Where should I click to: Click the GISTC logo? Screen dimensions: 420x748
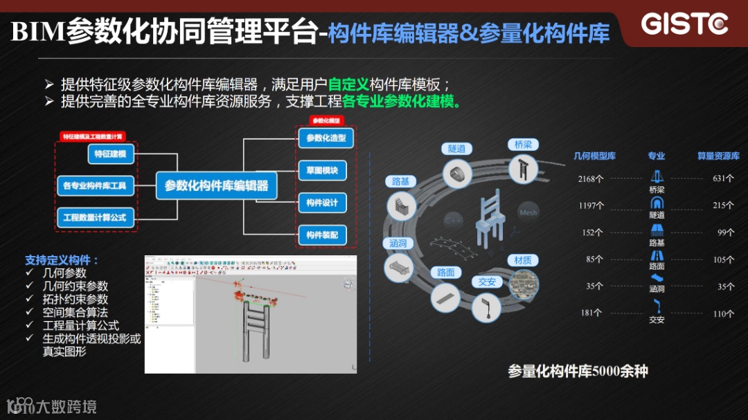tap(684, 24)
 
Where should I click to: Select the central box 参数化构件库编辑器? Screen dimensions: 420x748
tap(216, 185)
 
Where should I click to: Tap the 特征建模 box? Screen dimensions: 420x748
tap(111, 154)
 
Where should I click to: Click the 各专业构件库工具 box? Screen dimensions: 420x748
tap(95, 185)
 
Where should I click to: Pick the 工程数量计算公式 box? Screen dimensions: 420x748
tap(95, 217)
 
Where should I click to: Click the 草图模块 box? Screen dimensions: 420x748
tap(322, 170)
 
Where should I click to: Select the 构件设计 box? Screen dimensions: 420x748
tap(322, 203)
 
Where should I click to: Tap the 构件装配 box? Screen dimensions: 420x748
tap(322, 235)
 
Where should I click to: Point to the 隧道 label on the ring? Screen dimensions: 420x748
tap(456, 149)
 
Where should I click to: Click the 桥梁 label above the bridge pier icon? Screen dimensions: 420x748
tap(524, 145)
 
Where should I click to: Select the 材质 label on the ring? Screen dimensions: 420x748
tap(523, 260)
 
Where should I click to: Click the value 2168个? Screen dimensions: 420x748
tap(591, 179)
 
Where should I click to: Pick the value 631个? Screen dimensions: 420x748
tap(723, 179)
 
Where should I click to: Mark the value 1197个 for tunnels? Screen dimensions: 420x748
tap(591, 206)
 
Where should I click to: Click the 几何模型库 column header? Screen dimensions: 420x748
tap(595, 156)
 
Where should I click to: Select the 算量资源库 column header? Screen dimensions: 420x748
tap(718, 156)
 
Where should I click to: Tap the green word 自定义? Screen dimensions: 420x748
tap(348, 85)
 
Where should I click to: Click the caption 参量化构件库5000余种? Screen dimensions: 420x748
tap(578, 371)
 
